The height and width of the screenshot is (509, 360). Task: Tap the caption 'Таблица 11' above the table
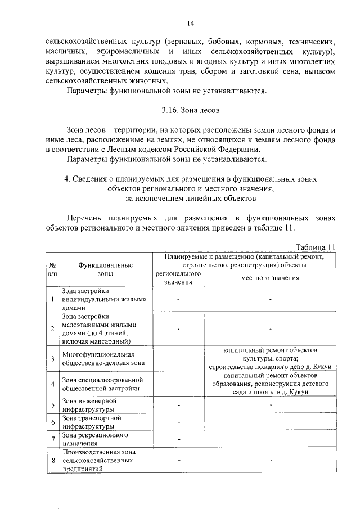[x=315, y=246]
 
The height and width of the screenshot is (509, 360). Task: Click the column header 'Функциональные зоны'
[x=105, y=269]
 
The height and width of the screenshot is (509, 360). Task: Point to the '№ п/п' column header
[x=52, y=269]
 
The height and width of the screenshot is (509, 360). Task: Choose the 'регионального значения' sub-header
[x=178, y=277]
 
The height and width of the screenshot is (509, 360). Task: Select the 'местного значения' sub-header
[x=270, y=277]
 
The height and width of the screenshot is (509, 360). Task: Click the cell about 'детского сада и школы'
[x=270, y=384]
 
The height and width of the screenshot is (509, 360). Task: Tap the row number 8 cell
[x=52, y=460]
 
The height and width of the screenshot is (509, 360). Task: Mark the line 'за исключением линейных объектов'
[x=191, y=197]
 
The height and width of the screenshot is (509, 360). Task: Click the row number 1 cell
[x=52, y=299]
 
